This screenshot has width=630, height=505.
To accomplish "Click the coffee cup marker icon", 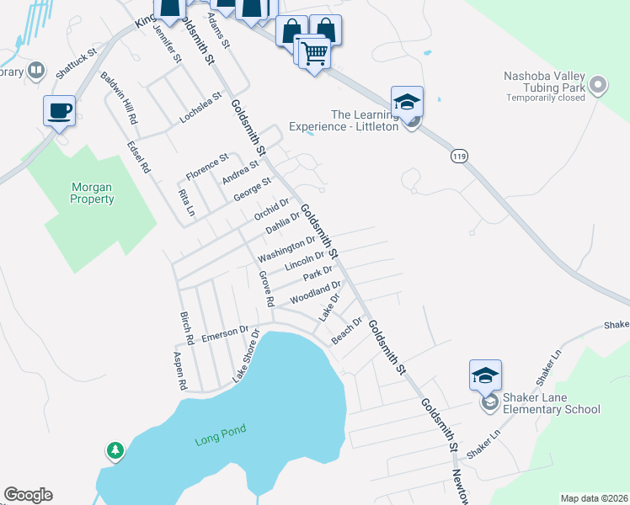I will (x=59, y=110).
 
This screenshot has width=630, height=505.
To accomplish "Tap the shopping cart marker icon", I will (x=314, y=54).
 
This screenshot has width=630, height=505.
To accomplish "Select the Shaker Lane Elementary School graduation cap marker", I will (x=485, y=375).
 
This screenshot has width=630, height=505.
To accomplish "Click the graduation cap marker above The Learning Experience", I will (x=407, y=102).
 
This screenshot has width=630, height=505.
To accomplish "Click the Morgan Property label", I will (x=92, y=193).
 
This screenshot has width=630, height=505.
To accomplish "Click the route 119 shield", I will (x=459, y=156).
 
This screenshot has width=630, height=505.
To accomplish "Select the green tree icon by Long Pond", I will (x=114, y=452).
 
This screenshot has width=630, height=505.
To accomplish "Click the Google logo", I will (x=28, y=495).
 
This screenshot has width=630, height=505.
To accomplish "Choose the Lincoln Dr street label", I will (x=304, y=261).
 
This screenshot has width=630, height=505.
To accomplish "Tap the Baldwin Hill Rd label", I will (x=119, y=98).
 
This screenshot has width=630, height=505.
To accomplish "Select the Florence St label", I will (x=207, y=165).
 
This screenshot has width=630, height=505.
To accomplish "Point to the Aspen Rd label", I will (x=179, y=372).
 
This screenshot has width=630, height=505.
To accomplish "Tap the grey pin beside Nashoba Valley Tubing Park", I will (x=598, y=84).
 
